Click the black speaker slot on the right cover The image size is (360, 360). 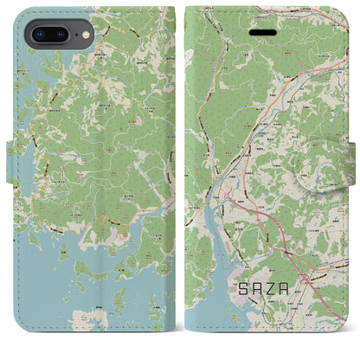266,32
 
